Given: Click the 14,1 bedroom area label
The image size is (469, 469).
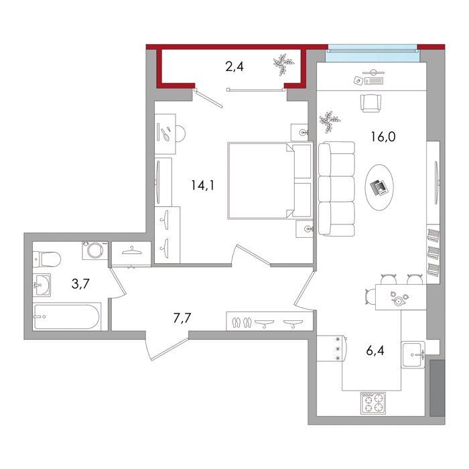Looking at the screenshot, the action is tap(203, 186).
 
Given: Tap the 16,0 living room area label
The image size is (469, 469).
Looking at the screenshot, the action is tap(383, 137).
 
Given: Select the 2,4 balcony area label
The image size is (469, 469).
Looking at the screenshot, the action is tap(234, 66).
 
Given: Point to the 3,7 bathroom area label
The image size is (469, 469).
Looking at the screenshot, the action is tap(80, 283).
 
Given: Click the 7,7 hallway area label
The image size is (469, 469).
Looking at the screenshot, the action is tap(182, 318).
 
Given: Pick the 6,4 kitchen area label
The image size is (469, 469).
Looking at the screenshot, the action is tap(375, 350).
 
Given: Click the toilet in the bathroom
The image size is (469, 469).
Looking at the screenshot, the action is tap(47, 259).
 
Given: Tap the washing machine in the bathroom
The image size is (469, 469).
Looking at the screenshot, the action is tap(95, 251).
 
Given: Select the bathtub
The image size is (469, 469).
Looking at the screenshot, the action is tap(67, 317).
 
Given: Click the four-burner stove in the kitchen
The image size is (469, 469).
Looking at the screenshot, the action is tap(373, 403).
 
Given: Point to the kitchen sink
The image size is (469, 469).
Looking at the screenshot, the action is tap(413, 354).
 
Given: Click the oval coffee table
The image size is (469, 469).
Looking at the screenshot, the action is tap(379, 187).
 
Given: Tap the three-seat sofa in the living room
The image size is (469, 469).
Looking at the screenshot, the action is tap(336, 189).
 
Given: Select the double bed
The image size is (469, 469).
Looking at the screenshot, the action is tap(270, 181).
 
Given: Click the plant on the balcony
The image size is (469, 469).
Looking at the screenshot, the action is tap(283, 64).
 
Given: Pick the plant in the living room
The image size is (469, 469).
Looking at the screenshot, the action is tap(330, 122).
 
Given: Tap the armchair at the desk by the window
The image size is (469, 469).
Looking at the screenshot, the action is tap(371, 103).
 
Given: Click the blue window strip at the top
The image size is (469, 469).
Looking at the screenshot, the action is tap(373, 54).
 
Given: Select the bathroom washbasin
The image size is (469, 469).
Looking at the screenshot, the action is tap(42, 285).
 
